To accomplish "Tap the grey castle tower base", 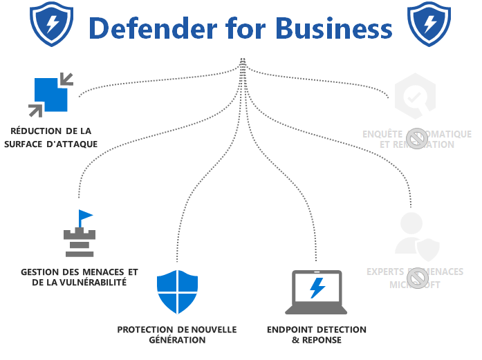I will coord(78,243).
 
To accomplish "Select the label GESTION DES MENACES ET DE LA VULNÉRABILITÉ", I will coord(80,276).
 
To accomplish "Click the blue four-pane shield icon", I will coord(177,292).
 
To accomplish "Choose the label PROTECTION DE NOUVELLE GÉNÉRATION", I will coord(177,334).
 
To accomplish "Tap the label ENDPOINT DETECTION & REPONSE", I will coord(316,334).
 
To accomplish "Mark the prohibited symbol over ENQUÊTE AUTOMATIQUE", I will coord(416,138).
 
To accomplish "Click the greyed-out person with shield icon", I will coord(414,236).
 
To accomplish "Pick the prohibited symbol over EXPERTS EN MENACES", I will coord(416,278).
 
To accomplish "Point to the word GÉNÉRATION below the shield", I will coord(177,340).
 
